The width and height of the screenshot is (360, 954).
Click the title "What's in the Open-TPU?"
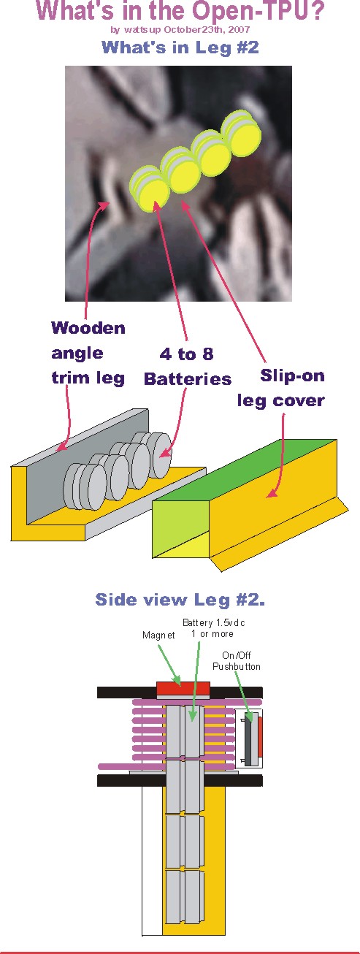point(180,11)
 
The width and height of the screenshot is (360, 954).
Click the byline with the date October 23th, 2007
point(180,30)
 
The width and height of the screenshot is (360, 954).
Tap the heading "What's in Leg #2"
point(180,47)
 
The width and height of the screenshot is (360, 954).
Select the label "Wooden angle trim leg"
point(88,353)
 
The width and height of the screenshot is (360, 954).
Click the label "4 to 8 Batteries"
point(187,366)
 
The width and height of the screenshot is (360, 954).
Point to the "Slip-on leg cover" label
point(281,388)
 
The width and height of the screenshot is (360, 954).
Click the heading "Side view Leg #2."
point(180,599)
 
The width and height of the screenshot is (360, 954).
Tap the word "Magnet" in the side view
point(158,635)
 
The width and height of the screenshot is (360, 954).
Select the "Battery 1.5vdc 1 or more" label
point(214,628)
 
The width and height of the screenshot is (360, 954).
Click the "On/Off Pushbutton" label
point(236,661)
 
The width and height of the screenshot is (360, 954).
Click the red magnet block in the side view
point(183,688)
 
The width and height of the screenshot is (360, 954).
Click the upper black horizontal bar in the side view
point(180,692)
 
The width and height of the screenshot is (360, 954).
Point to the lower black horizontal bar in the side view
point(180,780)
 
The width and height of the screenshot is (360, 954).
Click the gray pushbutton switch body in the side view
point(248,738)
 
